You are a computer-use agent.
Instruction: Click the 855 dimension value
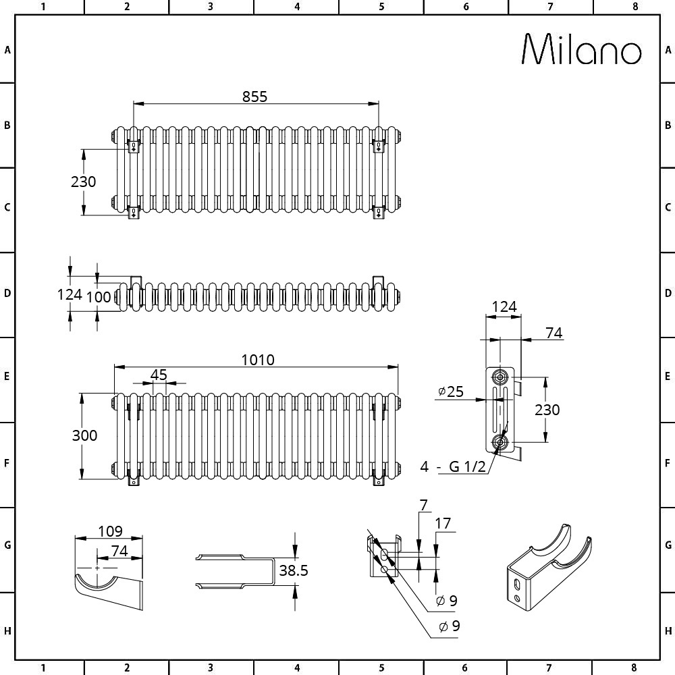(x=254, y=97)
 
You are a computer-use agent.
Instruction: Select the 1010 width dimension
(x=257, y=360)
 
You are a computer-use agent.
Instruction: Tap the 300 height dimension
(x=84, y=435)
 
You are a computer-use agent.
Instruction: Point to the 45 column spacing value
(x=159, y=375)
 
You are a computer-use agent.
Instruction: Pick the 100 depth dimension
(x=99, y=296)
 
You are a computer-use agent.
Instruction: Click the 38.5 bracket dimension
(x=294, y=570)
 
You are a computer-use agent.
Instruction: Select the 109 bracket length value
(x=110, y=531)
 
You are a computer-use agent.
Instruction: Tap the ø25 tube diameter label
(x=451, y=391)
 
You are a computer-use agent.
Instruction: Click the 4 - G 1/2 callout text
(x=453, y=466)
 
